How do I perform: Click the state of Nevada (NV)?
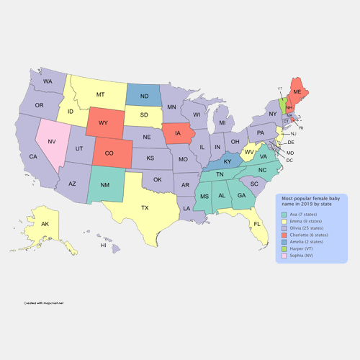click(52, 142)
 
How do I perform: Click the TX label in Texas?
click(144, 208)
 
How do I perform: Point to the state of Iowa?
click(177, 132)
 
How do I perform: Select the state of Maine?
click(297, 93)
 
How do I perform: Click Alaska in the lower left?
click(44, 225)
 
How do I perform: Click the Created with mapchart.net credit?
click(43, 302)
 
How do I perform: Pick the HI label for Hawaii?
click(103, 246)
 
